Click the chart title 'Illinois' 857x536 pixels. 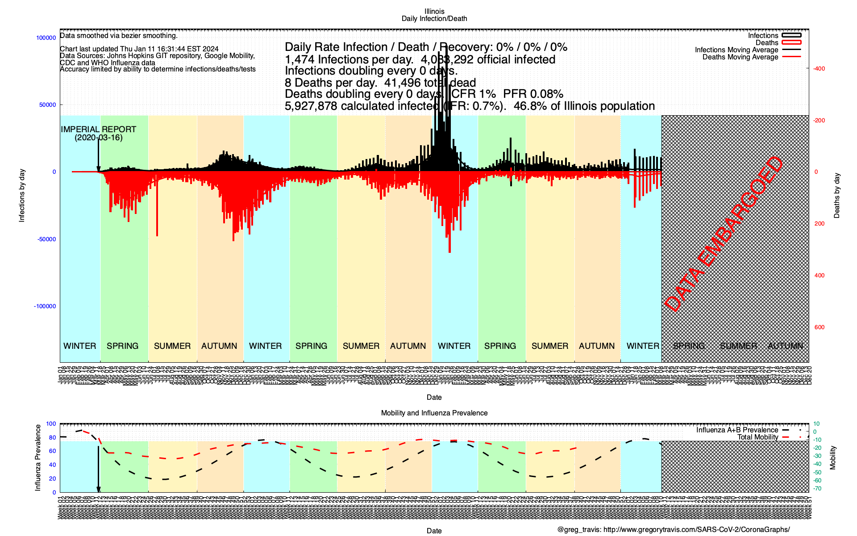coord(434,11)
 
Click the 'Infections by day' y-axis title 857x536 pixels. coord(22,195)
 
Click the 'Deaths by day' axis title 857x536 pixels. coord(836,196)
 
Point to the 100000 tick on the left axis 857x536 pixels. coord(46,38)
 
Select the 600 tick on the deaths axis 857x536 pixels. coord(819,327)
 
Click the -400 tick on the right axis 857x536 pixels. coord(819,69)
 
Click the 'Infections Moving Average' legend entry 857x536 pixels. coord(736,50)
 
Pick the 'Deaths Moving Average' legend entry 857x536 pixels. coord(740,57)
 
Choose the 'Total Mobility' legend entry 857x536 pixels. coord(757,437)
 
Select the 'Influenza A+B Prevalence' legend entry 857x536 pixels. coord(737,430)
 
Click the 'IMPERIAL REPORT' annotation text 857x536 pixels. coord(98,130)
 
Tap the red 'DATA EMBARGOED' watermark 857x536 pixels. coord(724,234)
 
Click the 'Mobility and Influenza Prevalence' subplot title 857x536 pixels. coord(434,413)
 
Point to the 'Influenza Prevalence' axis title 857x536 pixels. coord(38,458)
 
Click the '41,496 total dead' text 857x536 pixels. coord(430,83)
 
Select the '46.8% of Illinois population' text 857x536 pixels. coord(584,106)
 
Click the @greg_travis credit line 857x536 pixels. coord(673,530)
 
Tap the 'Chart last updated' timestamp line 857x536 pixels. coord(139,49)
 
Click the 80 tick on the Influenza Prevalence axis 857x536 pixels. coord(52,438)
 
